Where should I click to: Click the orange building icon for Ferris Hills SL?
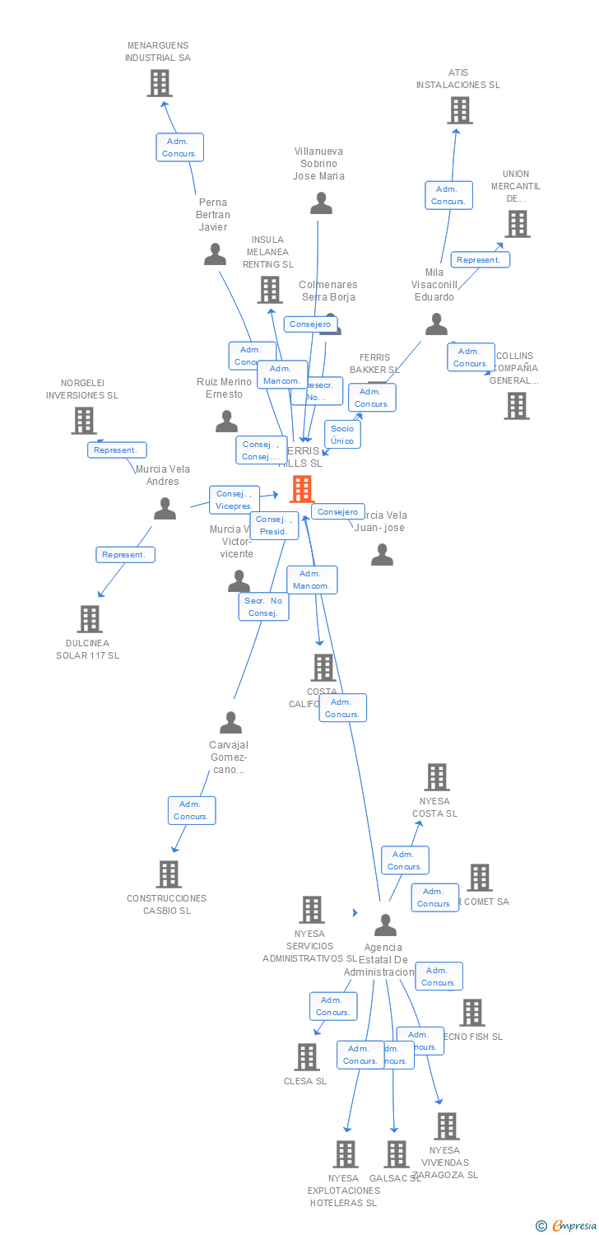coord(302,489)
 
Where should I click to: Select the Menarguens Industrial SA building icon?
coord(159,83)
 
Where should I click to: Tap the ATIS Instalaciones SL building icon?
coord(459,110)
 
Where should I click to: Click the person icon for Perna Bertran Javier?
coord(215,254)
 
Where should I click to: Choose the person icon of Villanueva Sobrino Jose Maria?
coord(321,203)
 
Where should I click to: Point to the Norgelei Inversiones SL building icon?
coord(83,421)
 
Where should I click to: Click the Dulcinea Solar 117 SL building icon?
coord(89,618)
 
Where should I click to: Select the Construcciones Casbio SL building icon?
coord(168,874)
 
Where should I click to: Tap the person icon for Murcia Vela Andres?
coord(165,509)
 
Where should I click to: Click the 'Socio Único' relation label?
coord(342,435)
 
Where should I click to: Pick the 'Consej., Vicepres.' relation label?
coord(234,500)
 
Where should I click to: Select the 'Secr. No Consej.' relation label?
coord(263,607)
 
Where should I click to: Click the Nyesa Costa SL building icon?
coord(436,777)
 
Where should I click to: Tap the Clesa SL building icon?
coord(306,1057)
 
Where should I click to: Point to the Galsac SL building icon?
coord(397,1154)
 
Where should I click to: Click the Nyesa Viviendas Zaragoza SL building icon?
coord(446,1126)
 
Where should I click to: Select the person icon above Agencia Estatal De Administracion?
coord(385,925)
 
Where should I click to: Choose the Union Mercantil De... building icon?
coord(517,224)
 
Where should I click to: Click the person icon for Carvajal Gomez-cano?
coord(230,723)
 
